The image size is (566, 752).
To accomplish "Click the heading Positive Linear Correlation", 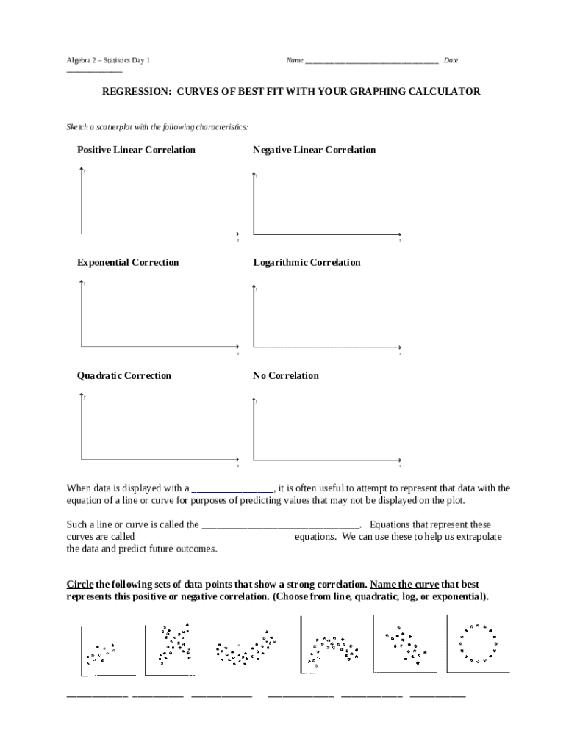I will pyautogui.click(x=136, y=150).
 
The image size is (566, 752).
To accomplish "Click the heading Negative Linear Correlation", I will pyautogui.click(x=314, y=150).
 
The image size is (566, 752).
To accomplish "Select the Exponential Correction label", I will pyautogui.click(x=128, y=262).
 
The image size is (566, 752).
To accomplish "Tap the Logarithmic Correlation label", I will pyautogui.click(x=307, y=262).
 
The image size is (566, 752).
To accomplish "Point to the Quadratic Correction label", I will pyautogui.click(x=124, y=375).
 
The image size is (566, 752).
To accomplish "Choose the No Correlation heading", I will pyautogui.click(x=286, y=375).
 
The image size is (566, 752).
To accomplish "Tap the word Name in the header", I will pyautogui.click(x=294, y=60).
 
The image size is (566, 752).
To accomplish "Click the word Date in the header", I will pyautogui.click(x=450, y=60).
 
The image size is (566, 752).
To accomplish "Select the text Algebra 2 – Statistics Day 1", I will pyautogui.click(x=108, y=60).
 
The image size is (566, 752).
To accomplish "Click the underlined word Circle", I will pyautogui.click(x=80, y=584).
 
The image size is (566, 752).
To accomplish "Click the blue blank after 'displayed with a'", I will pyautogui.click(x=232, y=488).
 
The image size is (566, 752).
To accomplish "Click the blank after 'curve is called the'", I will pyautogui.click(x=280, y=524).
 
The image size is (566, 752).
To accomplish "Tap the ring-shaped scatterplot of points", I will pyautogui.click(x=478, y=644).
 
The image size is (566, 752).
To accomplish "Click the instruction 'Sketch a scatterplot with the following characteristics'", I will pyautogui.click(x=157, y=127).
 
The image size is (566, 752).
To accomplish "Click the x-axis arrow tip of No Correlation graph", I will pyautogui.click(x=401, y=460).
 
